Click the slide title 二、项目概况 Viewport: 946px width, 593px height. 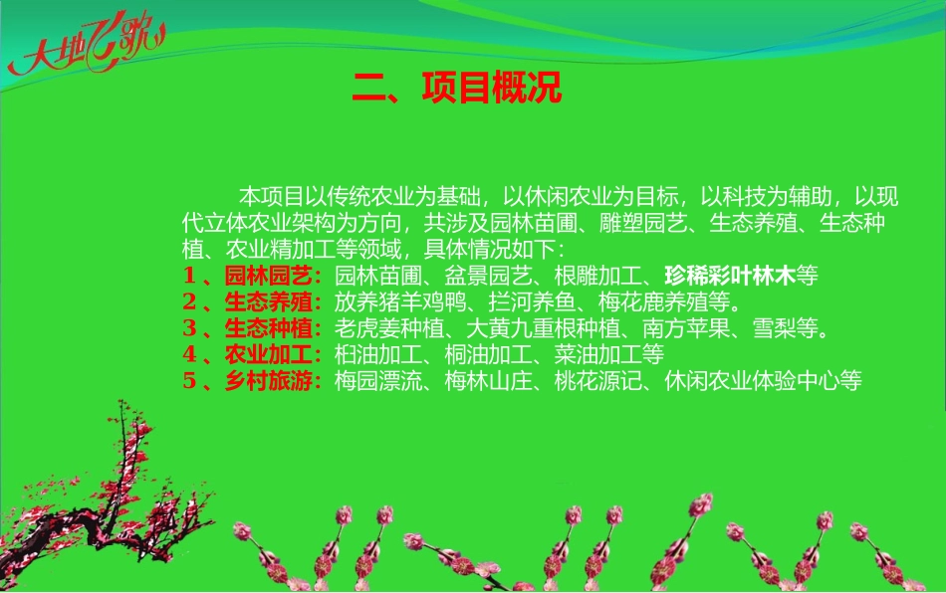[457, 88]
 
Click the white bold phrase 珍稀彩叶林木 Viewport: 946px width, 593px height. [729, 275]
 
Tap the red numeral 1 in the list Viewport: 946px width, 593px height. [188, 275]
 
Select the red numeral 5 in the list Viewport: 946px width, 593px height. [188, 381]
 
